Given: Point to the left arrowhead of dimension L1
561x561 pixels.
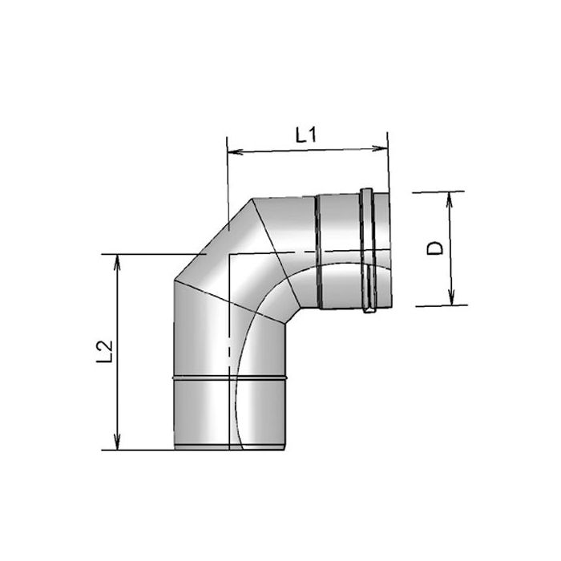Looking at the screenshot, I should click(233, 151).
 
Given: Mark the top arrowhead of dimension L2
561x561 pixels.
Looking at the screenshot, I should click(118, 260).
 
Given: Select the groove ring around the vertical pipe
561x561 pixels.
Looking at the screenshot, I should click(230, 375).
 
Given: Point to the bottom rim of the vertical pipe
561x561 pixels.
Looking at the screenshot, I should click(230, 447).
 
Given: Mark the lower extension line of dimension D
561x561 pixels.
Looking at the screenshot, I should click(441, 305).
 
